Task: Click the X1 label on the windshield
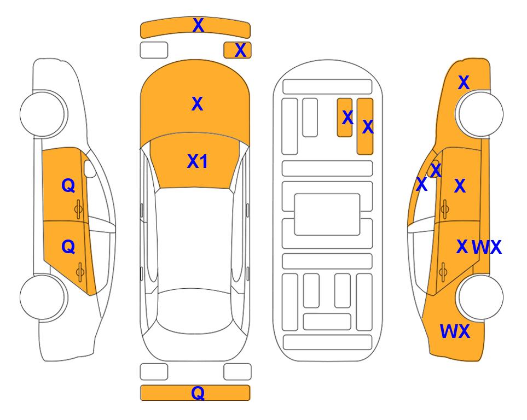[198, 161]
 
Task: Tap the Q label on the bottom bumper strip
[198, 393]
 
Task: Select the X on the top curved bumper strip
[198, 25]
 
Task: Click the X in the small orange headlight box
[240, 50]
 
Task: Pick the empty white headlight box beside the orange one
[154, 50]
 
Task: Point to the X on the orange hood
[198, 104]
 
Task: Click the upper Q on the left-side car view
[68, 185]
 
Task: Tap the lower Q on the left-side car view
[68, 247]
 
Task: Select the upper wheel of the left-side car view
[43, 114]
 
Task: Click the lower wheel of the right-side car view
[480, 297]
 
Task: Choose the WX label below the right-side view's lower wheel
[455, 331]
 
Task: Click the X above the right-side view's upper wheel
[464, 83]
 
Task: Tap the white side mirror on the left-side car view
[90, 168]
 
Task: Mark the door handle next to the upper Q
[79, 209]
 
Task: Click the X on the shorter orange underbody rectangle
[348, 118]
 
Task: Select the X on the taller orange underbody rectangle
[368, 127]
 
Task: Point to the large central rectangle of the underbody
[327, 214]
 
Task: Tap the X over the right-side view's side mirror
[436, 170]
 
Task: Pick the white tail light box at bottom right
[238, 372]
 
